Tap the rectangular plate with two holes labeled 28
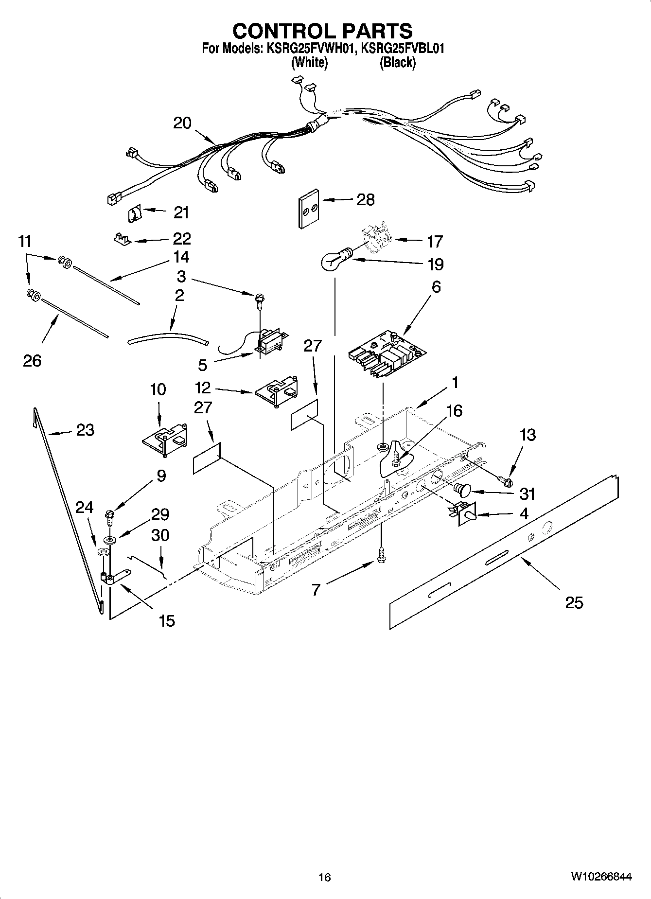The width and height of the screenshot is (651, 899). (308, 209)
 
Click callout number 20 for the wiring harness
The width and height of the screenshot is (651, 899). (182, 123)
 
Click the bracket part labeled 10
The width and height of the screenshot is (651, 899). (166, 440)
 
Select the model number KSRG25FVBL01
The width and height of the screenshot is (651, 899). (403, 49)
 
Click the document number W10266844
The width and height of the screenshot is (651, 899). (601, 877)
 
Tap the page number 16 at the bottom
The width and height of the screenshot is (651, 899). (324, 877)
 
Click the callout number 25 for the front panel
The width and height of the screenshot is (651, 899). (574, 603)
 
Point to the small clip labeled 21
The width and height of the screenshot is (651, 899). (135, 213)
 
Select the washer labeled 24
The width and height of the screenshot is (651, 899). (103, 551)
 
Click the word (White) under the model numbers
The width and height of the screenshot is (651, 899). (309, 62)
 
